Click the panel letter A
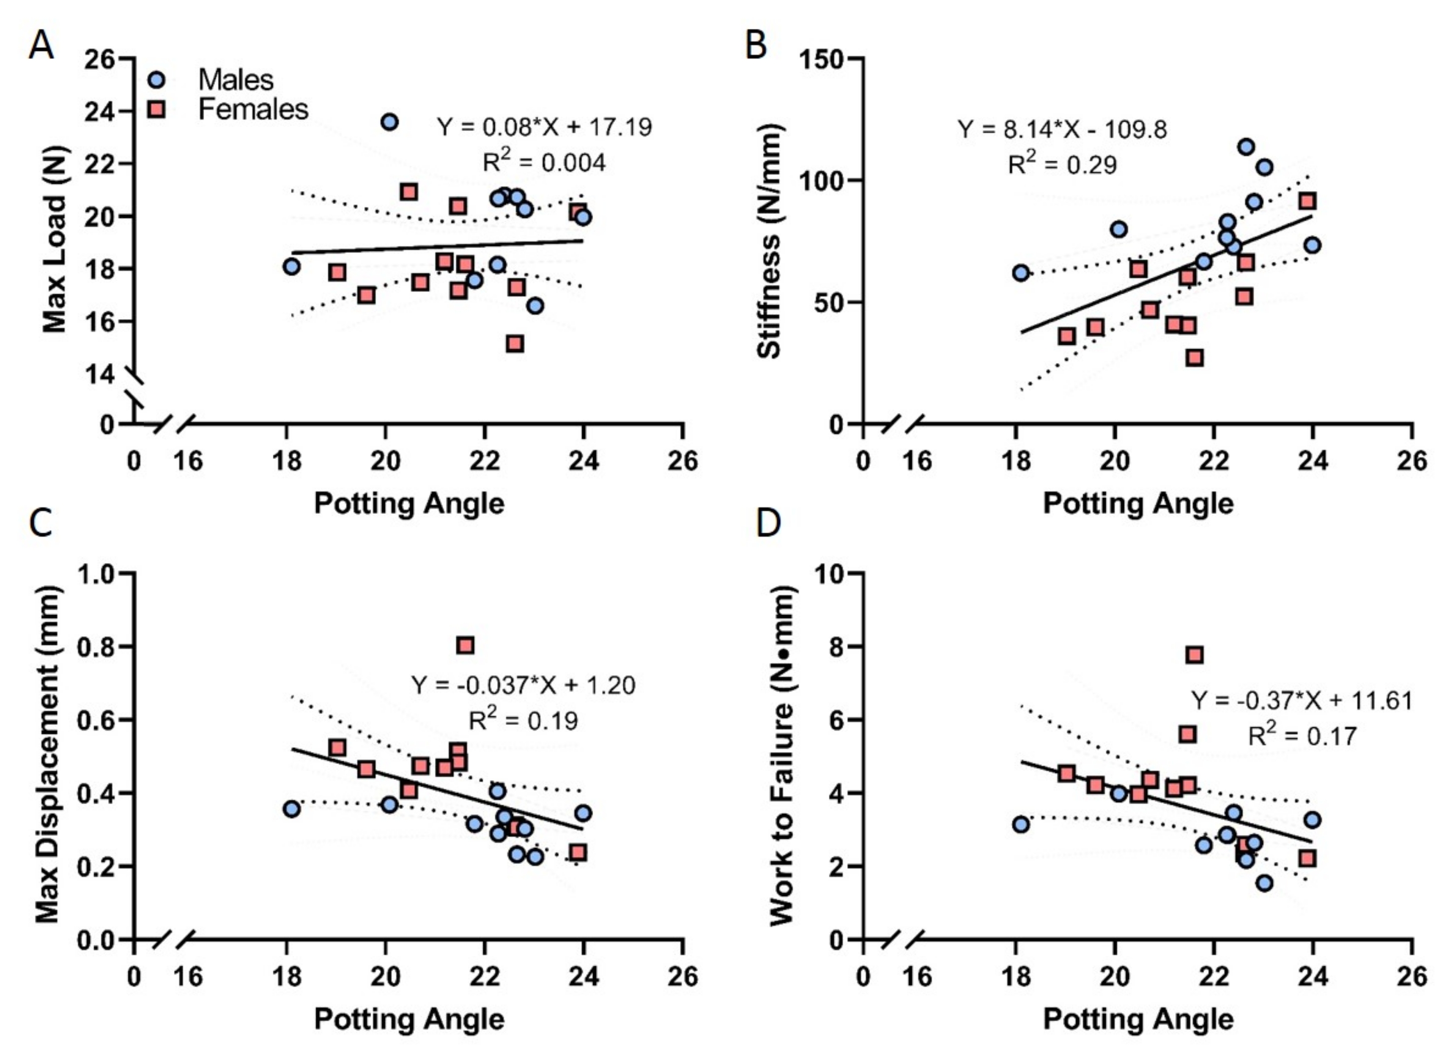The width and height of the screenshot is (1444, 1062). coord(40,46)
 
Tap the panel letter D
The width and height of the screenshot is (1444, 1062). coord(769,524)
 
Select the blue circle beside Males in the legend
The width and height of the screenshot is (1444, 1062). coord(156,80)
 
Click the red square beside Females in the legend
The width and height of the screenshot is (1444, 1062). coord(156,109)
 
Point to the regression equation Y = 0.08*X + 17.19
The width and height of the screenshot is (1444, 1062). coord(544,127)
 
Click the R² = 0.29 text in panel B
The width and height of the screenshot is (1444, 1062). coord(1061,164)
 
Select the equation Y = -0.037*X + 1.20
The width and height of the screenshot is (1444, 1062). coord(522,685)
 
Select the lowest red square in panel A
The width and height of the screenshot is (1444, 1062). coord(514,344)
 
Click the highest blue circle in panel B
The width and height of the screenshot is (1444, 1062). coord(1246,147)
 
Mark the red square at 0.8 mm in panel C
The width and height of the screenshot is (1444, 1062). coord(465,645)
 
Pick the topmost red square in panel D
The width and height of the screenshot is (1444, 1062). coord(1195,655)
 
